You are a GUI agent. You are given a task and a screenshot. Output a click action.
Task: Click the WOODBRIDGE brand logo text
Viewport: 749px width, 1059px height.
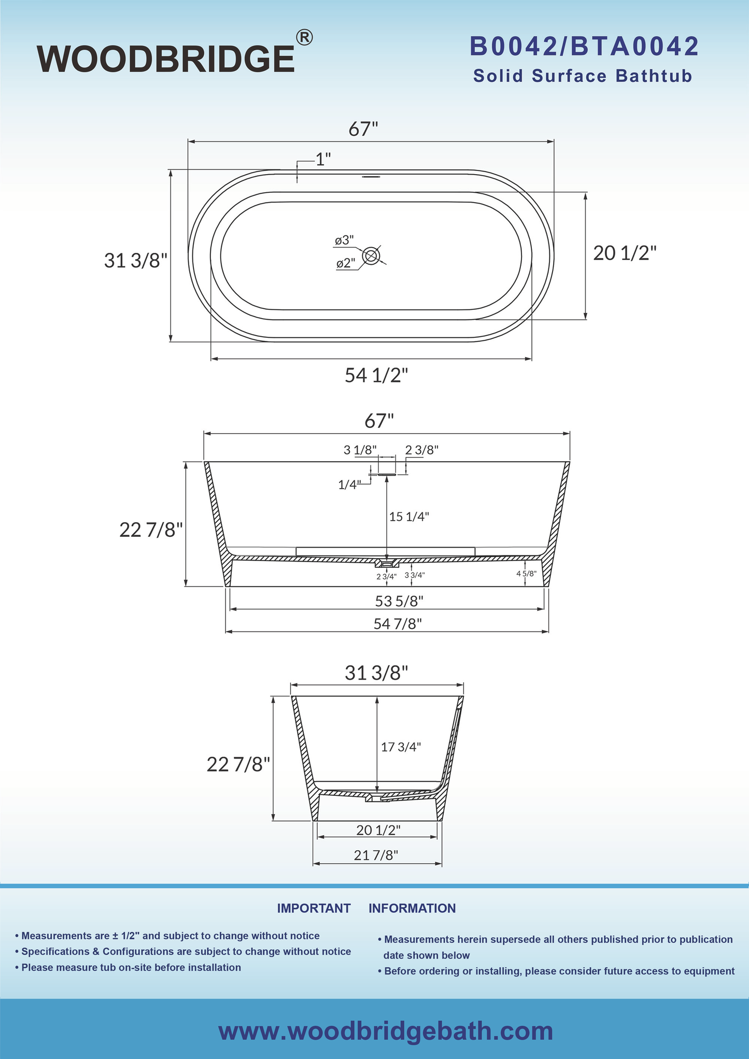pos(166,59)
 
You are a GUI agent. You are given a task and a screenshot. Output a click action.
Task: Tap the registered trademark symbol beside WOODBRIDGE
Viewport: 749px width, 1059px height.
pos(304,37)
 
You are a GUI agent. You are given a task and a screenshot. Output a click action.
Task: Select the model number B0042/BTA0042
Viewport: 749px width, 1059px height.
pos(584,47)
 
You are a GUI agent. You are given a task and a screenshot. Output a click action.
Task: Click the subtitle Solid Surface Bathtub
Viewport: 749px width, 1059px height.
pos(583,76)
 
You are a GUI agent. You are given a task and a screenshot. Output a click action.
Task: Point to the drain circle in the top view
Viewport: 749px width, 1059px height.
pos(371,255)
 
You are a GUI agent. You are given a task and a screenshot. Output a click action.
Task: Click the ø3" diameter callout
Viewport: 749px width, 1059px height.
pos(344,240)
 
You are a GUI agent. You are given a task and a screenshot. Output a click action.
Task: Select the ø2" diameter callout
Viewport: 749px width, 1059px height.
pos(346,264)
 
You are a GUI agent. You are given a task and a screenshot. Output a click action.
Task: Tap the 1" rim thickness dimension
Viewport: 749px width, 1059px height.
pos(323,160)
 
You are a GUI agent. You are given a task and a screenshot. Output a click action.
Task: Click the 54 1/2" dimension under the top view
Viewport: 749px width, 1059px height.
pos(377,375)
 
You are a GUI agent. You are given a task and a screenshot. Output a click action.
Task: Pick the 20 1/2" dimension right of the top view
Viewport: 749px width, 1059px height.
pos(625,253)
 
